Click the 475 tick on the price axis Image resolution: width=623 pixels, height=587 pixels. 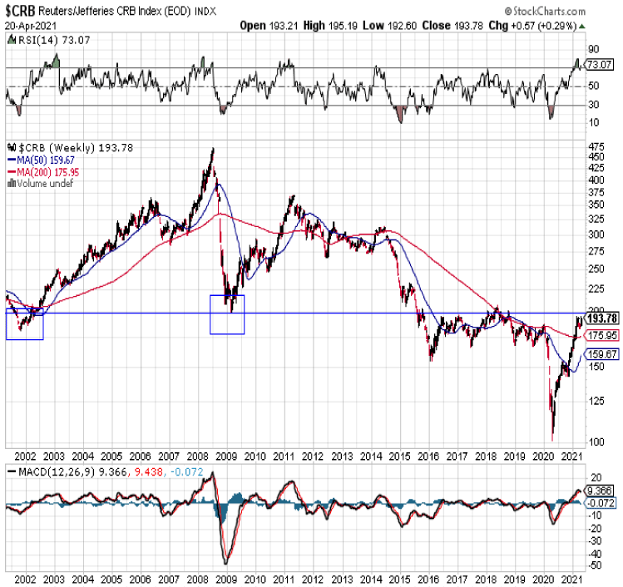(x=596, y=147)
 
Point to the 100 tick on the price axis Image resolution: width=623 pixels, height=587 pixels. (x=596, y=441)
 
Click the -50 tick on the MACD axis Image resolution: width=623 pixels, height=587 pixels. (x=594, y=565)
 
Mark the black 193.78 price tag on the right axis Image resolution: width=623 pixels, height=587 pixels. (x=601, y=319)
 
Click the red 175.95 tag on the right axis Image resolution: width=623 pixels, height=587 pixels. (x=601, y=336)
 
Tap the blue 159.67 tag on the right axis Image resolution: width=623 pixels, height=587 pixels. (x=601, y=353)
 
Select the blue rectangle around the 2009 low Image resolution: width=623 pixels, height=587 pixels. (x=227, y=314)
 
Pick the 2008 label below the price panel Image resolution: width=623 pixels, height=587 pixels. (x=199, y=457)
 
